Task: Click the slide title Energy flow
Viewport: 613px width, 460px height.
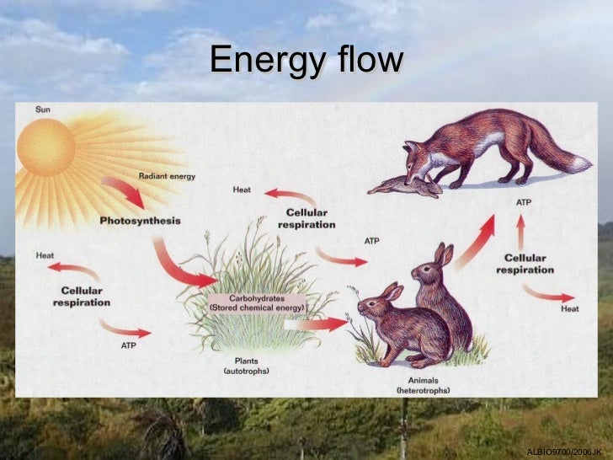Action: click(306, 60)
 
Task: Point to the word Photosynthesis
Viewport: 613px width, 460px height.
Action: click(140, 221)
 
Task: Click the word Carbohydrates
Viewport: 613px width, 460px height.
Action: click(256, 298)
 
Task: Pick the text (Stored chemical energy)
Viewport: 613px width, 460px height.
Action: click(257, 308)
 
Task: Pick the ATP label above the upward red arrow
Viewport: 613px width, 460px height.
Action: click(522, 203)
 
